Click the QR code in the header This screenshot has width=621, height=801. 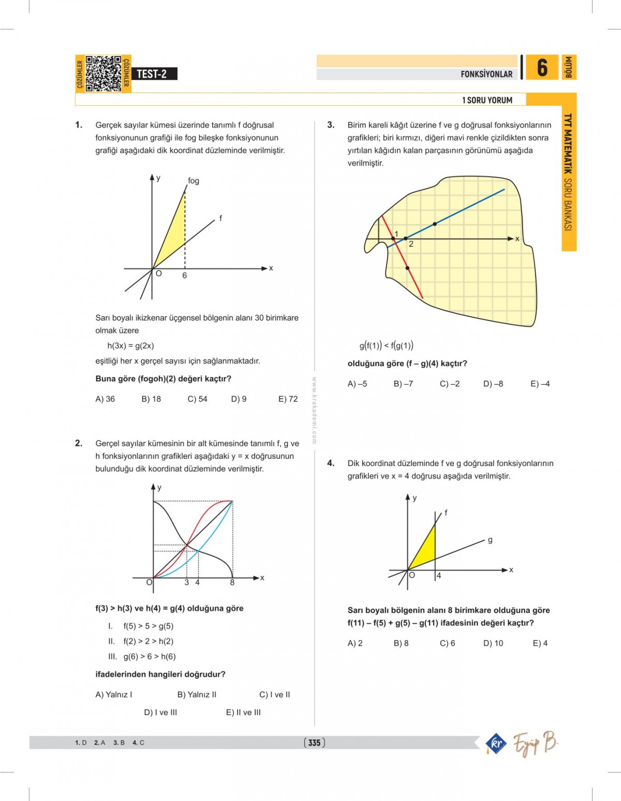103,74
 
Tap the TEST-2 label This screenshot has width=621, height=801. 152,74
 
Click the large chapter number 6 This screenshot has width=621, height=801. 542,68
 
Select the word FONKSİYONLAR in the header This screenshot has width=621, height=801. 486,74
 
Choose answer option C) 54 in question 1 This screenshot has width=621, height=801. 197,399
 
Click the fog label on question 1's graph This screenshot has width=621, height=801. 194,181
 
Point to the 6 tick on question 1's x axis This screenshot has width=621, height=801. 184,275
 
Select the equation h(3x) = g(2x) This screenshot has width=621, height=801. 130,346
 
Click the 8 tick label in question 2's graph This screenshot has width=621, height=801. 232,583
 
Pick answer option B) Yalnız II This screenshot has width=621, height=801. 197,695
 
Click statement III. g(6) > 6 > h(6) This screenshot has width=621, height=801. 142,657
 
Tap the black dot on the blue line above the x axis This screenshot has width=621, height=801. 435,224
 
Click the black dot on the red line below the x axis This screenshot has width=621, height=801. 408,268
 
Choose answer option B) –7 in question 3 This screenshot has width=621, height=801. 403,384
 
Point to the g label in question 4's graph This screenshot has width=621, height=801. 490,540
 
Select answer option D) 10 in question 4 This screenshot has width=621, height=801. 493,644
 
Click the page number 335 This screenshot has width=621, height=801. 314,743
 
